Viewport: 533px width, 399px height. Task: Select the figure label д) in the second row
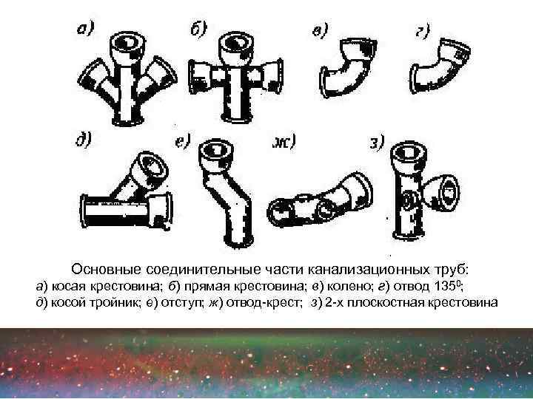pos(83,140)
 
